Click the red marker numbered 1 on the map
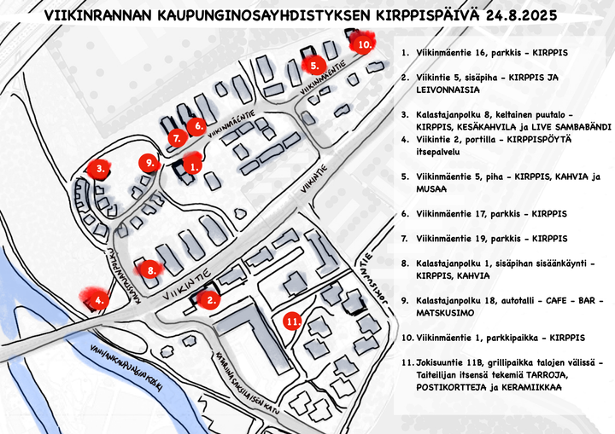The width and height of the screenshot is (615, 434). click(192, 166)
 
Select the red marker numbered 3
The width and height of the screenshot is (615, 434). click(101, 169)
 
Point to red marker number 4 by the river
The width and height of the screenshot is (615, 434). click(101, 299)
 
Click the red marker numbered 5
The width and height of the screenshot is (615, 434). click(314, 65)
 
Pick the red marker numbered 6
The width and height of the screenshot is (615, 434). click(197, 127)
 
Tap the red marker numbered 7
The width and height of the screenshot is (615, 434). click(177, 138)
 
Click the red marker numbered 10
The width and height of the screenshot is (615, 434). click(364, 43)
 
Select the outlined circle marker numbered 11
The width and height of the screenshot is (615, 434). click(292, 321)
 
